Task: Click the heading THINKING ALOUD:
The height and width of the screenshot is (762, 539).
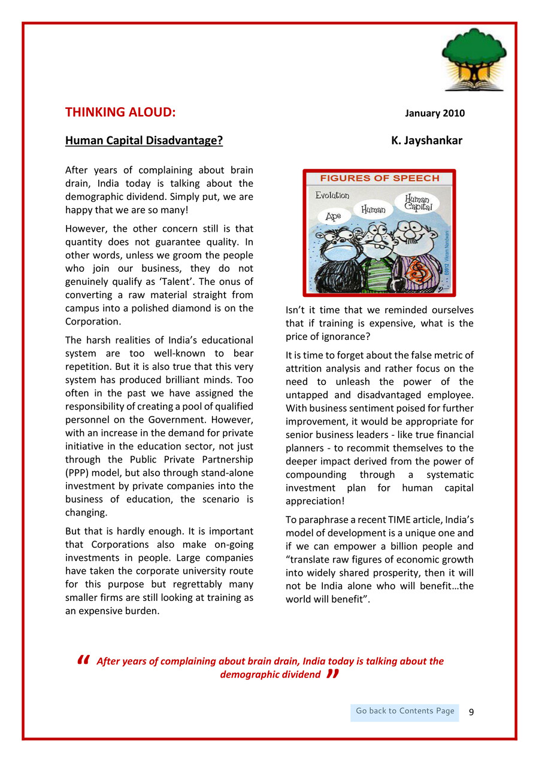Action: tap(120, 113)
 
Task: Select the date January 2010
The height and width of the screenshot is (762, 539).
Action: tap(435, 113)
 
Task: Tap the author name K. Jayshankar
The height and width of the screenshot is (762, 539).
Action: tap(426, 141)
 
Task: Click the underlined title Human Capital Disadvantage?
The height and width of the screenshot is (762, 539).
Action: tap(144, 141)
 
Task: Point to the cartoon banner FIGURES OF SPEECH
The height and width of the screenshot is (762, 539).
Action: tap(379, 178)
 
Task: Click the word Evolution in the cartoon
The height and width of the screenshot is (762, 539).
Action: tap(332, 196)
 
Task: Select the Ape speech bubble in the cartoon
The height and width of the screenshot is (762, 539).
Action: tap(334, 217)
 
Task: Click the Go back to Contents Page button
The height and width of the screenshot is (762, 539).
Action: tap(405, 711)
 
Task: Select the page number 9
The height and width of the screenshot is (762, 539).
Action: tap(471, 712)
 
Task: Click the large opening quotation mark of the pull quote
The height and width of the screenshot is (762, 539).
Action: tap(83, 660)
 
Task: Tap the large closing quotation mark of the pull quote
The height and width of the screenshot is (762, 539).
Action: tap(334, 675)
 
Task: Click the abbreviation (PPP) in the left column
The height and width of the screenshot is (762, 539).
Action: tap(77, 473)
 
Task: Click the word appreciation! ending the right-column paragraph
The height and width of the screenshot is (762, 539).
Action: tap(315, 500)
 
